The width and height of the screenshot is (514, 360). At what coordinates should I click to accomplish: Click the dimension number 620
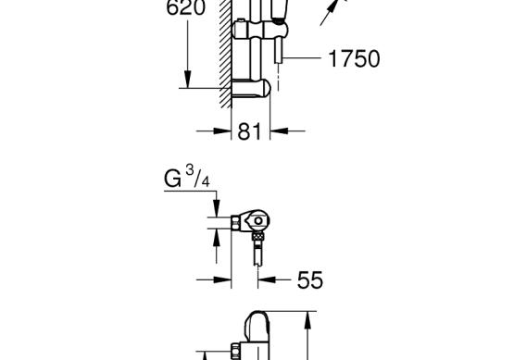(186, 7)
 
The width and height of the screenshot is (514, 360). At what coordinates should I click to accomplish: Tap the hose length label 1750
(354, 59)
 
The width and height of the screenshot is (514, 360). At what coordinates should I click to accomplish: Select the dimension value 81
(250, 131)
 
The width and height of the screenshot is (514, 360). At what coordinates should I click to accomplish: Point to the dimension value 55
(310, 280)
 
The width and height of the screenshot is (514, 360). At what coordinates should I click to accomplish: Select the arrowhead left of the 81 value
(222, 131)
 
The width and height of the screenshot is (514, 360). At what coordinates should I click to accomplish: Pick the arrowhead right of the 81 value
(280, 131)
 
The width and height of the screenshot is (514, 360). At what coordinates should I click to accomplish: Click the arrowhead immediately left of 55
(267, 279)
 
